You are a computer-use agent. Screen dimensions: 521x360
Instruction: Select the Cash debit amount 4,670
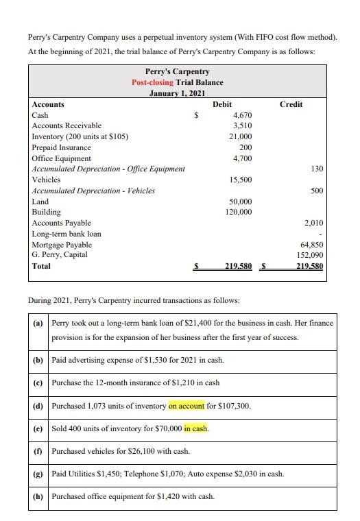click(x=242, y=115)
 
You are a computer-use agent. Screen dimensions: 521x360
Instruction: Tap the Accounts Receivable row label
click(x=67, y=125)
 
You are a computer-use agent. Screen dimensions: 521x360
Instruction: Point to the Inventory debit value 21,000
click(x=240, y=136)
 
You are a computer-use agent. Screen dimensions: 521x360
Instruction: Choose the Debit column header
click(x=222, y=104)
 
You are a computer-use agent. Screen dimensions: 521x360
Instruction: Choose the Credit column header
click(x=291, y=104)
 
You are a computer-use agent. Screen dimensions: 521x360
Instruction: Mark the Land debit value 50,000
click(x=240, y=202)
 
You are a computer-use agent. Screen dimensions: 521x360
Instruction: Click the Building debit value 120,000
click(x=238, y=212)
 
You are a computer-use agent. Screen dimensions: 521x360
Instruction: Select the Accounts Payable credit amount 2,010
click(x=313, y=223)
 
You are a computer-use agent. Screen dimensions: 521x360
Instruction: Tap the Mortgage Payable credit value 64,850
click(x=312, y=245)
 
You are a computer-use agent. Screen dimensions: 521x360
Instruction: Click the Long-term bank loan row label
click(x=67, y=234)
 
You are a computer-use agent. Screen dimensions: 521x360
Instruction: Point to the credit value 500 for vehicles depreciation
click(x=317, y=191)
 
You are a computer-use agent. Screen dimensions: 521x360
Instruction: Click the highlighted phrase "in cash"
click(x=196, y=428)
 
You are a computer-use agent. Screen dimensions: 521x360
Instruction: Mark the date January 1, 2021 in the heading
click(x=177, y=93)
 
